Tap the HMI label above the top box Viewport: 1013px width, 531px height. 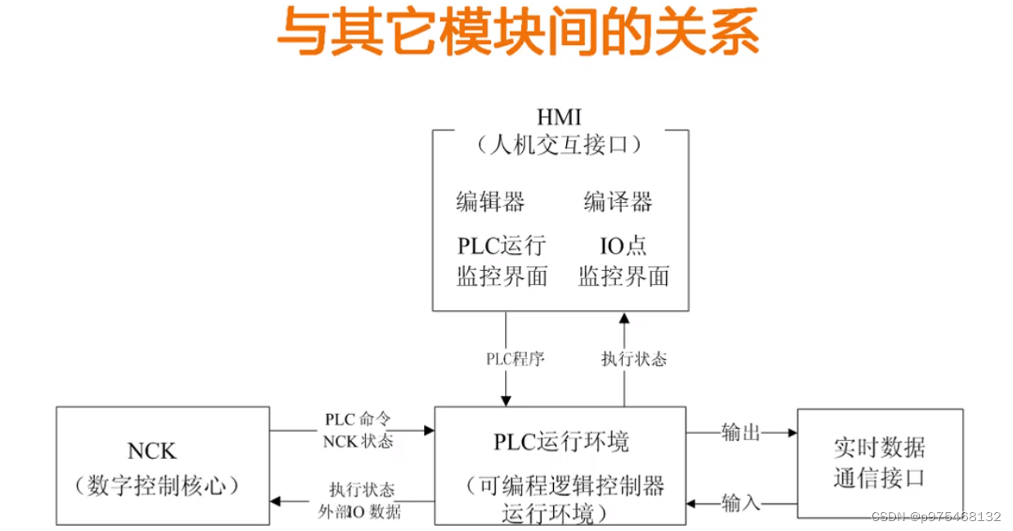coord(560,118)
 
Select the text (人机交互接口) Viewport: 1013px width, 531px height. coord(560,146)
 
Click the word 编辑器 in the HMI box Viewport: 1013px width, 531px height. coord(490,201)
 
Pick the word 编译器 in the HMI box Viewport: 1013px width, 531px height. coord(618,201)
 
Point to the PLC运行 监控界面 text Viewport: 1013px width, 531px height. coord(501,261)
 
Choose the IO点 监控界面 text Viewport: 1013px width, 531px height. coord(624,261)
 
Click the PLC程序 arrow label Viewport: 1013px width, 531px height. coord(515,358)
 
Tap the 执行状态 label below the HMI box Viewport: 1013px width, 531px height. coord(633,358)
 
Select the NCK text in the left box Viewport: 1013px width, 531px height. coord(151,451)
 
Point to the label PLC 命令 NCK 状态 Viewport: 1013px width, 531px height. coord(358,430)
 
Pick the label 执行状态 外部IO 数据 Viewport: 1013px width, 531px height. coord(360,501)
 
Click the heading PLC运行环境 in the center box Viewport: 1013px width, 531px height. coord(561,443)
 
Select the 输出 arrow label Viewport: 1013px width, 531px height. coord(741,432)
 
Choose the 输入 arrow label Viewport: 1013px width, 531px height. coord(741,502)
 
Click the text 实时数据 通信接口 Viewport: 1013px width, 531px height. coord(879,462)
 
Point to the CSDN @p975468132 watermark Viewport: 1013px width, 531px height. coord(936,517)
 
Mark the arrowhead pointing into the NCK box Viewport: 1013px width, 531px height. coord(276,501)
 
